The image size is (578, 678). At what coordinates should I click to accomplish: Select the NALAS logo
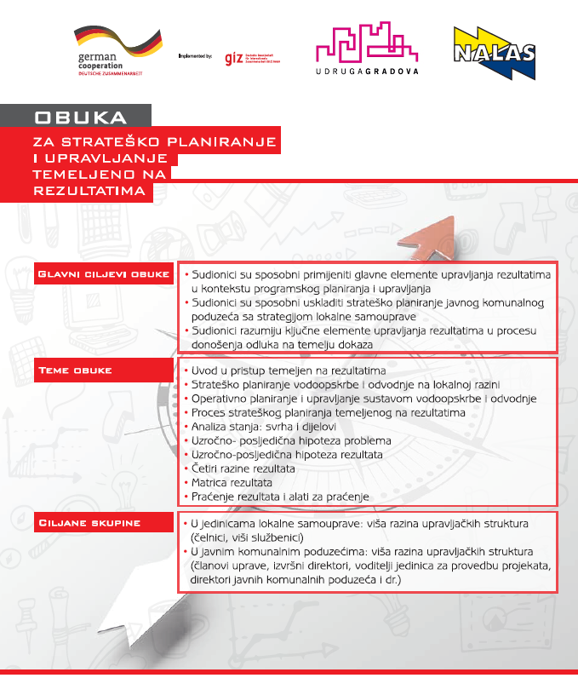493,51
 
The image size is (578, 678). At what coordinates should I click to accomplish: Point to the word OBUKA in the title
81,117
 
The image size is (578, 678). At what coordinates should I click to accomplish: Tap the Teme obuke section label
76,371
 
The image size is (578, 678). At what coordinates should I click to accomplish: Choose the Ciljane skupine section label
89,522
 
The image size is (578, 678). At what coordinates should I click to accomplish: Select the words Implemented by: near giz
195,56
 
